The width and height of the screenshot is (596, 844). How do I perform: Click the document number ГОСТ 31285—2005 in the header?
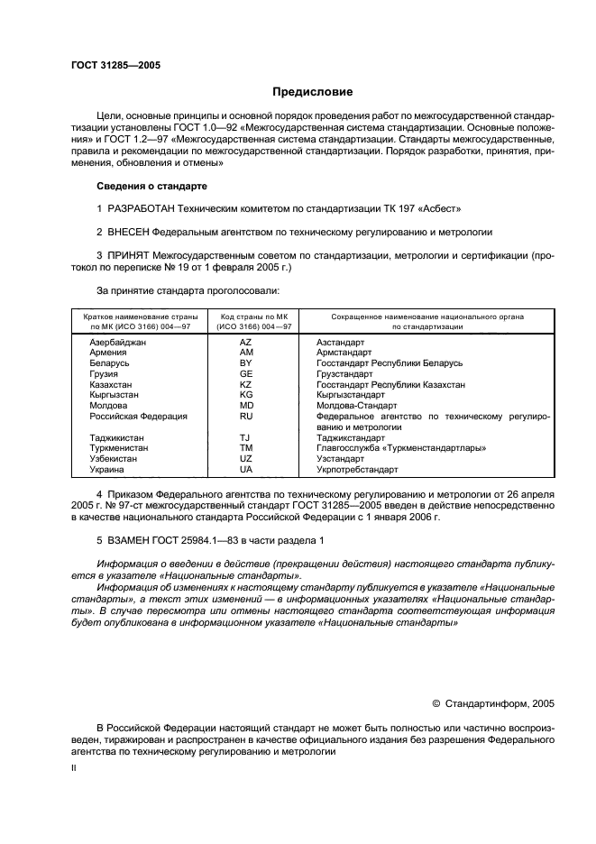point(115,64)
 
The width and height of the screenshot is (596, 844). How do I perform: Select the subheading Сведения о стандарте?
point(151,186)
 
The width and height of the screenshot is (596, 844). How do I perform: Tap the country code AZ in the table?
point(246,343)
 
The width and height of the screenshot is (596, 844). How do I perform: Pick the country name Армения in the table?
point(108,353)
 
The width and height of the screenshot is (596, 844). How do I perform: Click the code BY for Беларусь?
point(246,362)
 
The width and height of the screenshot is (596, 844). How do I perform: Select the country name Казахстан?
point(111,384)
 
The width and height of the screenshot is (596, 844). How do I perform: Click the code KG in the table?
point(246,395)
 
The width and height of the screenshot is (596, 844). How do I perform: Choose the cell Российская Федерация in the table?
point(138,417)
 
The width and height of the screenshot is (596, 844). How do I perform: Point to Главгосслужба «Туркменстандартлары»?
point(401,447)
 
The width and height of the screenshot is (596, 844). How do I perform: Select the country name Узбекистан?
point(114,458)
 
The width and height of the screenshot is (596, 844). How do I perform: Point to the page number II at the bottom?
point(75,767)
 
